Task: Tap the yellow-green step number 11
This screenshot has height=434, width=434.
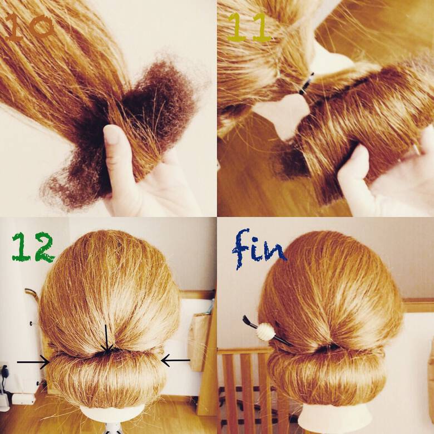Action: point(249,28)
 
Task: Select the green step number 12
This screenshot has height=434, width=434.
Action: point(32,247)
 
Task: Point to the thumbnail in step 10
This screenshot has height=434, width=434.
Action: point(112,134)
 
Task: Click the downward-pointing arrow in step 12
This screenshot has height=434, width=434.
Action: point(107,339)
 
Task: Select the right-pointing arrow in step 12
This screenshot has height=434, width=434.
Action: point(33,362)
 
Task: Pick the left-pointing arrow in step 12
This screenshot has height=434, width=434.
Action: point(175,361)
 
